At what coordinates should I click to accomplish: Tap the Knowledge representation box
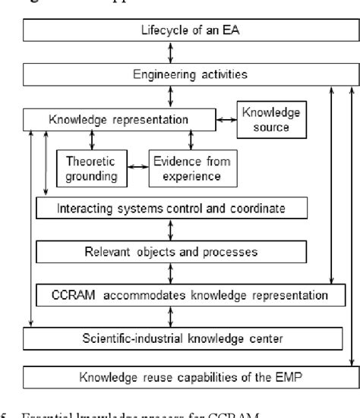[118, 120]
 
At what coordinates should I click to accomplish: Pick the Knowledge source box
[271, 119]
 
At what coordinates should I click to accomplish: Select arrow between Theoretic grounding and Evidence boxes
[137, 165]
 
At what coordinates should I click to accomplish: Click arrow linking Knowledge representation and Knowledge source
[224, 120]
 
